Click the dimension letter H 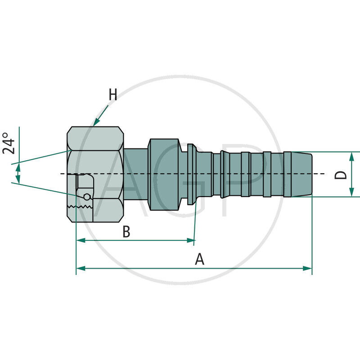click(x=112, y=95)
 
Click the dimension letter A click(x=199, y=259)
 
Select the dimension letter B click(x=126, y=232)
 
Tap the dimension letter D click(x=342, y=175)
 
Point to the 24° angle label click(x=9, y=143)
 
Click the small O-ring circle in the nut click(x=86, y=196)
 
